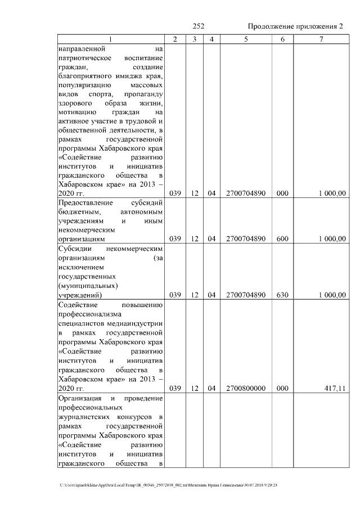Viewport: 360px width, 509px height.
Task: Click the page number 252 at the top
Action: pos(198,26)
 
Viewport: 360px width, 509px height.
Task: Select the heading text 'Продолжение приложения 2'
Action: pos(295,26)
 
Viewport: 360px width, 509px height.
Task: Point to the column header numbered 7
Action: pos(321,39)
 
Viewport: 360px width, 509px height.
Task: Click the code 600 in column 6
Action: pos(282,239)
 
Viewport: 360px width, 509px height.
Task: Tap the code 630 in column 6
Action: pos(282,295)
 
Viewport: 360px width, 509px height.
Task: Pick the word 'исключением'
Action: pos(79,267)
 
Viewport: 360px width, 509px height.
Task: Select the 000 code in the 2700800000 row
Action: pos(282,388)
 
